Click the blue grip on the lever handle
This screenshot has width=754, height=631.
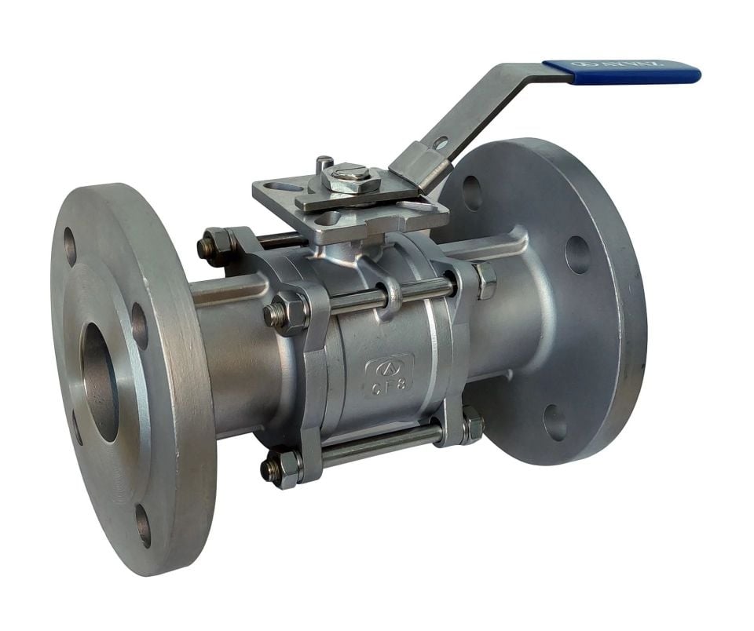[620, 72]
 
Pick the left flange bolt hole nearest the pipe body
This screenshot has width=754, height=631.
[139, 325]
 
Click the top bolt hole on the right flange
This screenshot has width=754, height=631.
[472, 192]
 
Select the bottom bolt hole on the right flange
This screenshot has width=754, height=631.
[555, 423]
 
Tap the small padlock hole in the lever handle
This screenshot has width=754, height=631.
[441, 144]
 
